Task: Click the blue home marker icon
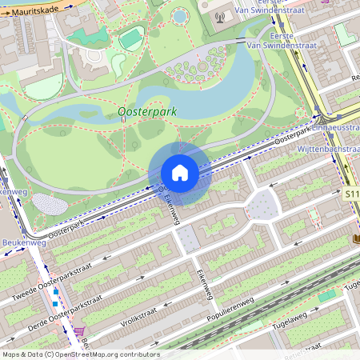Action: pos(180,173)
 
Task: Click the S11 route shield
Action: pos(352,194)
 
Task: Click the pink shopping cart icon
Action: pos(79,330)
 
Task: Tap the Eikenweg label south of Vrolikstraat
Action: pos(203,286)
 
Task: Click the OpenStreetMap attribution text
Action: pos(81,354)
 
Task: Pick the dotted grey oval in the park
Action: pos(50,204)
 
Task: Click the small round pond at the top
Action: pos(180,15)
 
